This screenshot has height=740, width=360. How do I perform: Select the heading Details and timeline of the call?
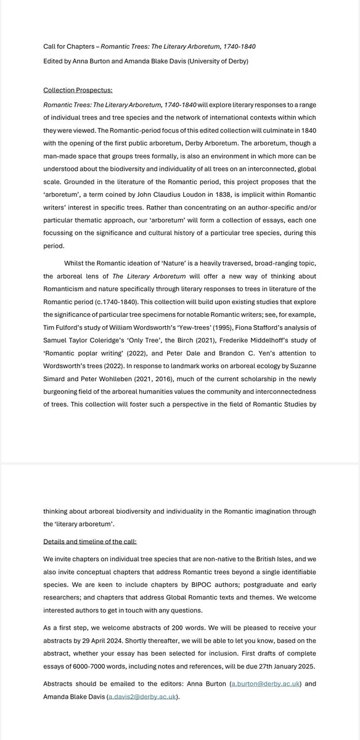point(90,541)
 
